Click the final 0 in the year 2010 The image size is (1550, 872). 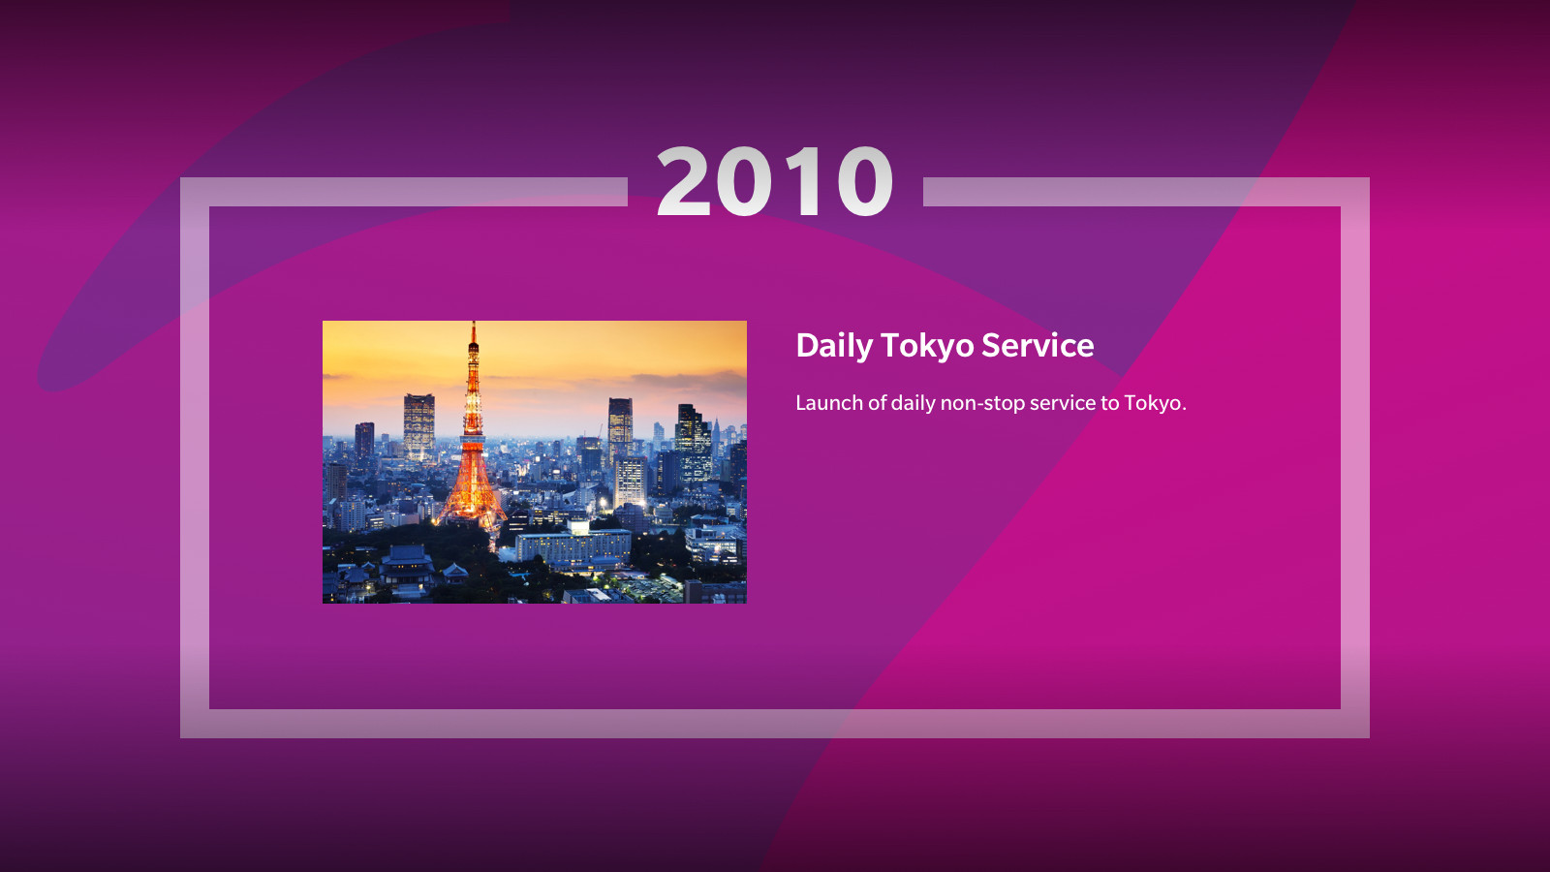tap(865, 181)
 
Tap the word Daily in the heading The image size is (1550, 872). tap(834, 346)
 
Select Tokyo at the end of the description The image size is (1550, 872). tap(1154, 403)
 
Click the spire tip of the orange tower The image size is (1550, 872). tap(474, 324)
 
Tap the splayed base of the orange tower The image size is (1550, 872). tap(472, 502)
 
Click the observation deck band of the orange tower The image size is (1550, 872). tap(474, 406)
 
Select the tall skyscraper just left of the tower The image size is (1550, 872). tap(418, 426)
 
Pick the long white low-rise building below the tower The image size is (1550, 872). tap(573, 546)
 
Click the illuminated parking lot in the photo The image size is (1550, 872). tap(648, 588)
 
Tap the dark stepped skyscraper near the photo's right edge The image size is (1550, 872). tap(693, 443)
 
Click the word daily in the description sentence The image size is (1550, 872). tap(913, 403)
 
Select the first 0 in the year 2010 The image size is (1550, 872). tap(745, 181)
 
